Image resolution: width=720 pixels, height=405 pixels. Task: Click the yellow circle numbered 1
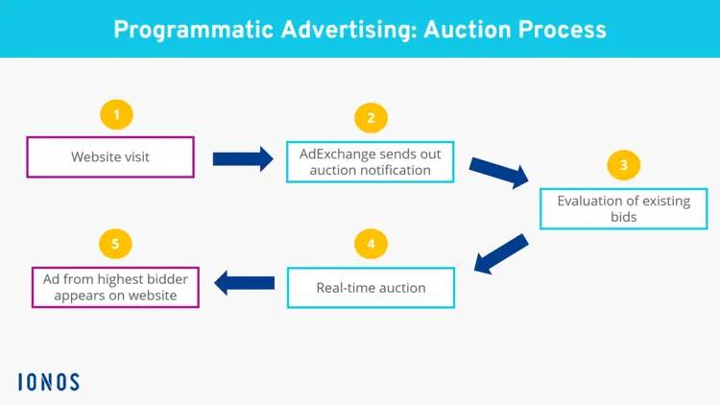click(x=116, y=115)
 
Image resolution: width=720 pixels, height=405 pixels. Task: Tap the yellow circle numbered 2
click(x=371, y=118)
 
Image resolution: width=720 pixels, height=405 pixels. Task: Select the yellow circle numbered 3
click(x=624, y=165)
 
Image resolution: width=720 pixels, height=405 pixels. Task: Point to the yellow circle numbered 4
click(x=371, y=244)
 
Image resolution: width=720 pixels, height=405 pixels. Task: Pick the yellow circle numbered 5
click(x=115, y=244)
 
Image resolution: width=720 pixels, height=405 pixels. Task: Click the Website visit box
click(x=110, y=156)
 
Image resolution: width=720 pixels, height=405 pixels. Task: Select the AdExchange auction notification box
click(x=370, y=162)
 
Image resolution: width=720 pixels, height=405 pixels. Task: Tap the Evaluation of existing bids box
click(x=623, y=209)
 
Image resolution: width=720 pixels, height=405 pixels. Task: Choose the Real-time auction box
click(x=370, y=287)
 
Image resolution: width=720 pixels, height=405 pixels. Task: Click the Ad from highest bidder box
click(x=115, y=287)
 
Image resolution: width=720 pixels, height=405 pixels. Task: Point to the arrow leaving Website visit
click(x=242, y=158)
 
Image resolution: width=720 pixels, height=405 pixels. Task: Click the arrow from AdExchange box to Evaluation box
click(x=498, y=172)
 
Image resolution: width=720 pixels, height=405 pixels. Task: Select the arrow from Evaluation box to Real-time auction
click(x=501, y=254)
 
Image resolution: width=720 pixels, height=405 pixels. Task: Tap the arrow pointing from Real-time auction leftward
click(x=244, y=282)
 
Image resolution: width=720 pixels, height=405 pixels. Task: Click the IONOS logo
click(x=48, y=382)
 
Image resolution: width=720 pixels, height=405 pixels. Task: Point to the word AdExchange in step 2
click(x=340, y=154)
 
